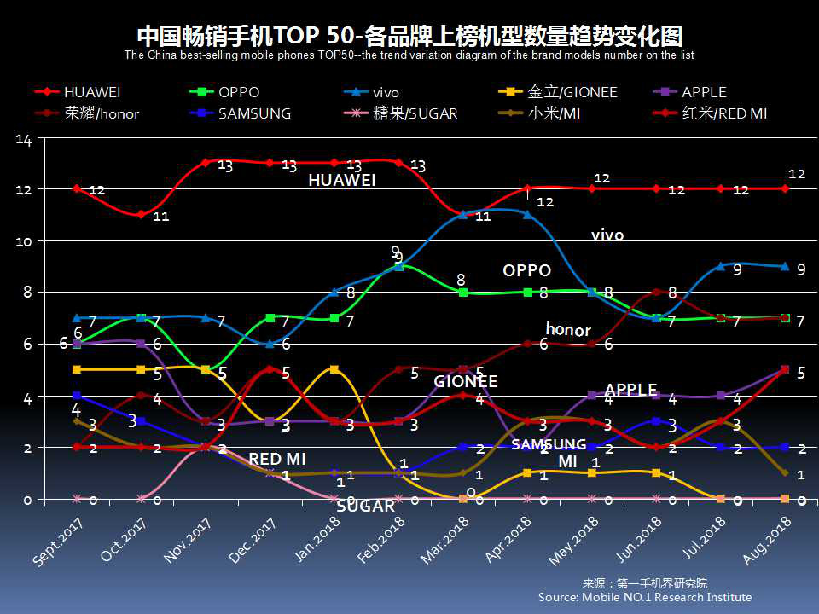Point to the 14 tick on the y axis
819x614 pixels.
point(23,141)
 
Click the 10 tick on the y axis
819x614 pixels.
point(23,241)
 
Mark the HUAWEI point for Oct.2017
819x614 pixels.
point(142,215)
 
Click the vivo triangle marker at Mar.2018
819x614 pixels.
point(463,215)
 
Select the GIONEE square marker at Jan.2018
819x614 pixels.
point(334,369)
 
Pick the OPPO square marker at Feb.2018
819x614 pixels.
point(399,267)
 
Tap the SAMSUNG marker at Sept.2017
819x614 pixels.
point(77,396)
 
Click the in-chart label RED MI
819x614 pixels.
point(277,460)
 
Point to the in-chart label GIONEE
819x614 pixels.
point(465,381)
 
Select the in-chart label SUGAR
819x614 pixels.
point(366,506)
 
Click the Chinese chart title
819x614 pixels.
point(409,37)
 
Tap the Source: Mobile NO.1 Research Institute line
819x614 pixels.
point(645,598)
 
